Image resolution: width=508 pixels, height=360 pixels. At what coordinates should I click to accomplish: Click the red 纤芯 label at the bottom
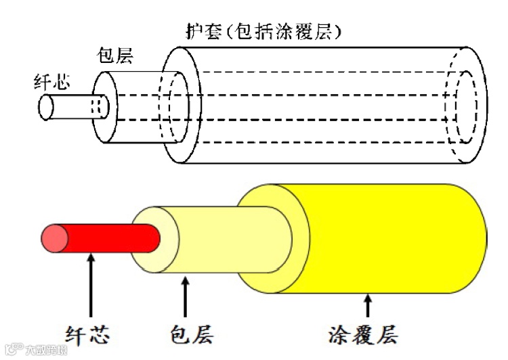pos(87,334)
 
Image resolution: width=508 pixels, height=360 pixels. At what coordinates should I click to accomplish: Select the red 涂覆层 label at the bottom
pos(362,334)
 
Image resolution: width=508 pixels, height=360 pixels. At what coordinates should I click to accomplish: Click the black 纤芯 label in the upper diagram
pos(52,84)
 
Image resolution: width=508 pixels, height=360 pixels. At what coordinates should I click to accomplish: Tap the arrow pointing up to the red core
pos(90,284)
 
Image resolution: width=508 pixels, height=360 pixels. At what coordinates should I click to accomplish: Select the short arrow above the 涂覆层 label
pos(367,306)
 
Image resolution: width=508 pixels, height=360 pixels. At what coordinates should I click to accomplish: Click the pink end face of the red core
pos(54,237)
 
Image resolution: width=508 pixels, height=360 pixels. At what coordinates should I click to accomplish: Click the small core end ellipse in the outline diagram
pos(46,107)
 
